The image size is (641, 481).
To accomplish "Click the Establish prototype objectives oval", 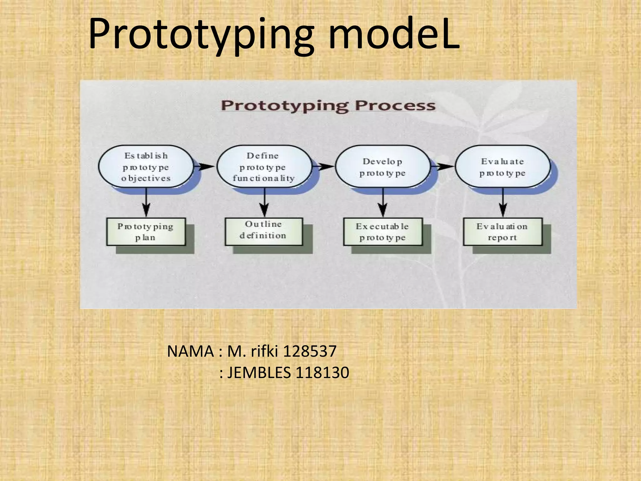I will [x=146, y=167].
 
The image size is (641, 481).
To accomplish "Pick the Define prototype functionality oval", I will [x=264, y=167].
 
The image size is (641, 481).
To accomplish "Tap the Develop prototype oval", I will [x=382, y=167].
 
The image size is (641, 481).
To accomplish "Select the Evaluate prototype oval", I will [x=502, y=167].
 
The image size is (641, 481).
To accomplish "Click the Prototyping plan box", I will [x=146, y=232].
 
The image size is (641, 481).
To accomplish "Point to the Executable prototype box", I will [x=382, y=232].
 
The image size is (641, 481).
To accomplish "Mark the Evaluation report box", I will [x=502, y=232].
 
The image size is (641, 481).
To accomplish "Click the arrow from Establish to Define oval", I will [x=204, y=166].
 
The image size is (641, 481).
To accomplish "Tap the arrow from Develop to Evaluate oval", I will [x=443, y=166].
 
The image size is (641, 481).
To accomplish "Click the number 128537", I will [x=310, y=351].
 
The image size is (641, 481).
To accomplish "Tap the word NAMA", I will [x=190, y=351].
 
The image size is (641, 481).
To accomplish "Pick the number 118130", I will [x=322, y=373].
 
